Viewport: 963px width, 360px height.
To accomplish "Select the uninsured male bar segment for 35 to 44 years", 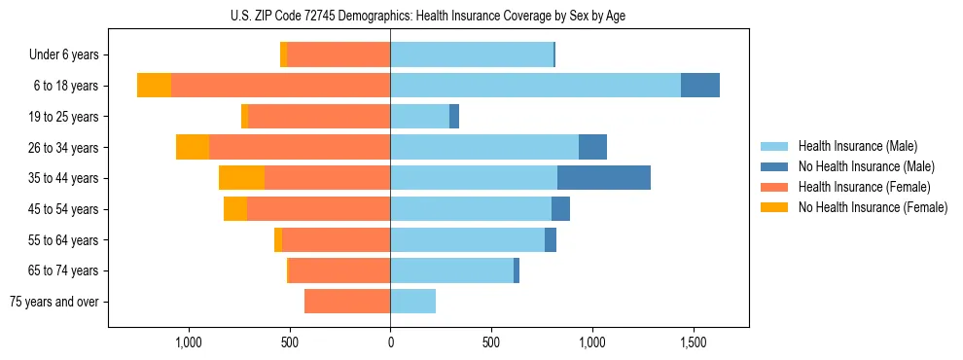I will point(603,178).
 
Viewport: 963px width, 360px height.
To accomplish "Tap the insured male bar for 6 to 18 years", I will point(535,85).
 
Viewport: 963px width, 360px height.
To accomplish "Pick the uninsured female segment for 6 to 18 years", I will point(154,85).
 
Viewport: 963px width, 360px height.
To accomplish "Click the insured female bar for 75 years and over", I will point(347,302).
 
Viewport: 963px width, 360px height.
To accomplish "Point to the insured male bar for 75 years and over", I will point(412,302).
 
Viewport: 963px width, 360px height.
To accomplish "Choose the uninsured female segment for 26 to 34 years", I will point(193,147).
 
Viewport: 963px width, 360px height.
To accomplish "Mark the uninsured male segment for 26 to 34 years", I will point(592,147).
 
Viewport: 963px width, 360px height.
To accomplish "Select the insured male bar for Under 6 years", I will point(472,54).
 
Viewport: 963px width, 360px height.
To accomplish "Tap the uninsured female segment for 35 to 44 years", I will point(241,178).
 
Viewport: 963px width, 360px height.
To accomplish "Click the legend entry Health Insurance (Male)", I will point(857,146).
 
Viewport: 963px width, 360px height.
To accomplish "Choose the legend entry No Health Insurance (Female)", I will point(873,207).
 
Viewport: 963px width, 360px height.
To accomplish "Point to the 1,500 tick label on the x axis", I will point(693,343).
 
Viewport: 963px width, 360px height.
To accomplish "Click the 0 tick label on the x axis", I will point(390,343).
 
